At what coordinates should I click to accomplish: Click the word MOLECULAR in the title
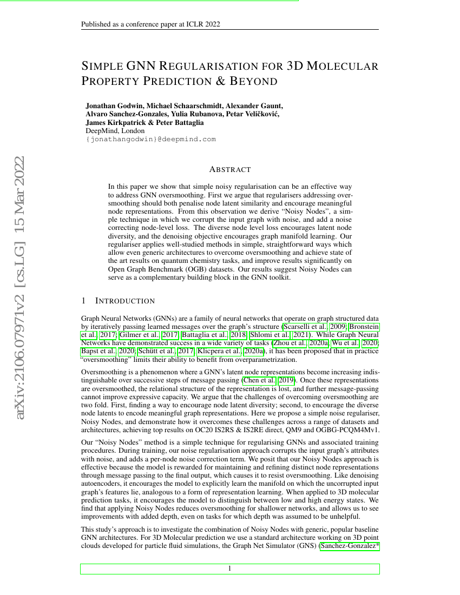(343, 67)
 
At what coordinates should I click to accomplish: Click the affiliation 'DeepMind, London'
(115, 130)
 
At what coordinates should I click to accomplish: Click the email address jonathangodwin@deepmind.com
(151, 139)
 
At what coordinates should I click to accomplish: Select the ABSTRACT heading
(230, 169)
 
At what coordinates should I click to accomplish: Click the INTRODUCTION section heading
(124, 301)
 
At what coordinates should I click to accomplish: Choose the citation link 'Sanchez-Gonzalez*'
(350, 546)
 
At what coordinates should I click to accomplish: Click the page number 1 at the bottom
(230, 568)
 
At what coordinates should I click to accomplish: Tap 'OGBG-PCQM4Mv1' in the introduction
(351, 430)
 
